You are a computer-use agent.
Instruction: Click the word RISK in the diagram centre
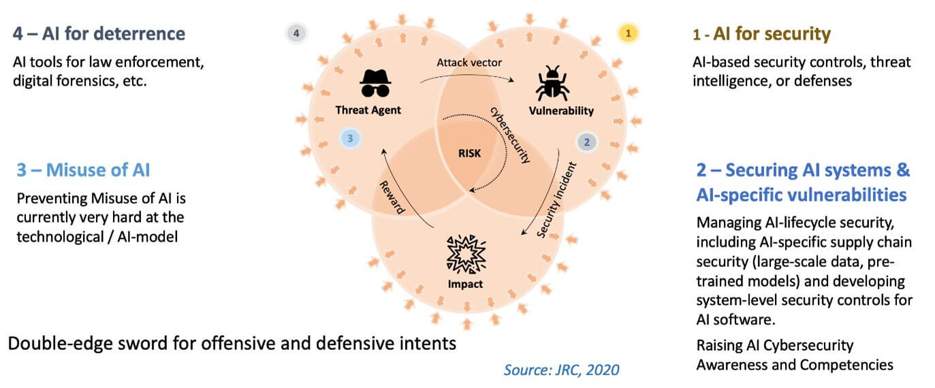point(469,153)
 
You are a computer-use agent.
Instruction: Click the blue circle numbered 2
point(586,142)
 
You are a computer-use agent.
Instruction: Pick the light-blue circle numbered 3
point(349,138)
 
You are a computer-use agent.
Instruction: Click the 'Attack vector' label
point(469,63)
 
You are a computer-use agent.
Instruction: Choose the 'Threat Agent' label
point(368,110)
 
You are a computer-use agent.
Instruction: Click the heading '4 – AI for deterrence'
point(99,33)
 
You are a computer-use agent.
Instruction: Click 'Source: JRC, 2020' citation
point(561,370)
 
